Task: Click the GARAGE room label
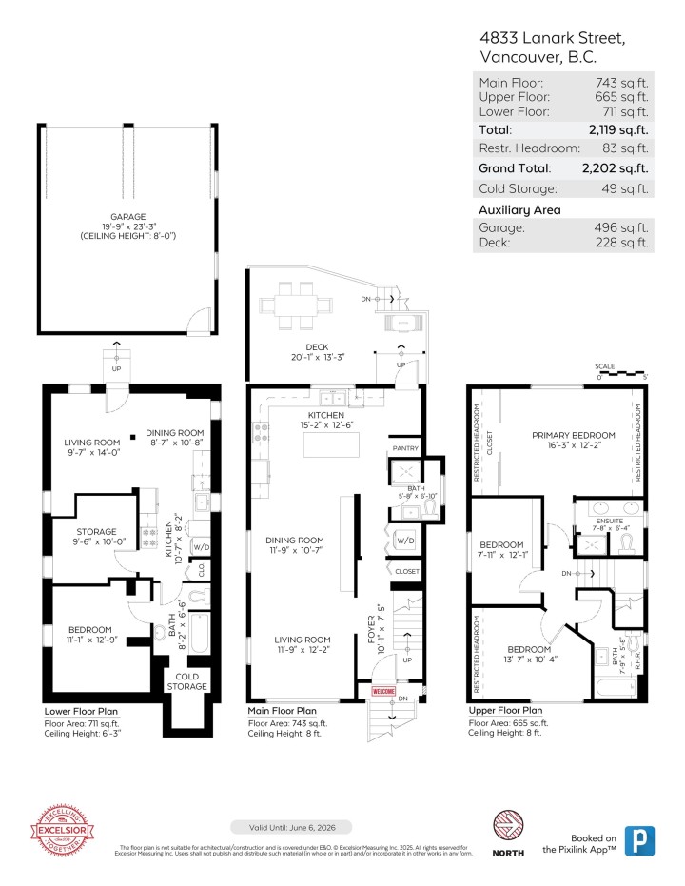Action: (x=129, y=216)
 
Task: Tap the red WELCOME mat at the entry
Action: (x=383, y=692)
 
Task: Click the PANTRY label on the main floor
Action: (x=404, y=447)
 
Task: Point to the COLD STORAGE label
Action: (x=187, y=681)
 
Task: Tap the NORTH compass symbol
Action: (x=507, y=824)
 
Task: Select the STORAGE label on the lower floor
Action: (x=96, y=532)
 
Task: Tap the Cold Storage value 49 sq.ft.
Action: (x=626, y=188)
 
